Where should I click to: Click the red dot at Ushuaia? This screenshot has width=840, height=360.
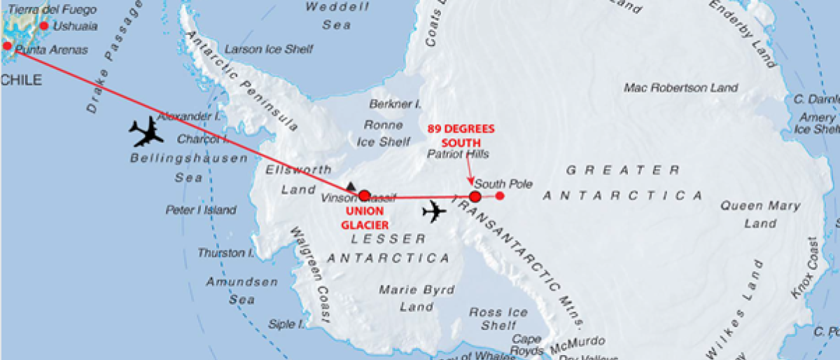coord(44,26)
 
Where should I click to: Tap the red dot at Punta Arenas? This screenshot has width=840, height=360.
coord(8,46)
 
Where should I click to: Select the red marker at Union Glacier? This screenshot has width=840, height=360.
coord(364,196)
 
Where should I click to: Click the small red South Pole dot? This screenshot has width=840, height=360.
coord(500,195)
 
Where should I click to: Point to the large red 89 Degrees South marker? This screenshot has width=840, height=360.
coord(475,197)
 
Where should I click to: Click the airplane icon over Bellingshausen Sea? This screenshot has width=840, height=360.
coord(146,131)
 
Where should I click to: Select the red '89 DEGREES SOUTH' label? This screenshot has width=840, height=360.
coord(461,135)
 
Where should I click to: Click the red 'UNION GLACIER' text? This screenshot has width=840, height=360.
coord(364,219)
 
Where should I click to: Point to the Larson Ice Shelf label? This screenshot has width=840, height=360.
coord(269,50)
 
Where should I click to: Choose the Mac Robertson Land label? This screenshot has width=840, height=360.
coord(680,88)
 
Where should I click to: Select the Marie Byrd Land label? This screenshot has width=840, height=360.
coord(416,298)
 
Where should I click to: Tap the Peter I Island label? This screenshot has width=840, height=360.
coord(201,209)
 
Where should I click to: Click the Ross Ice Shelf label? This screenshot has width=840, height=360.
coord(498,319)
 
